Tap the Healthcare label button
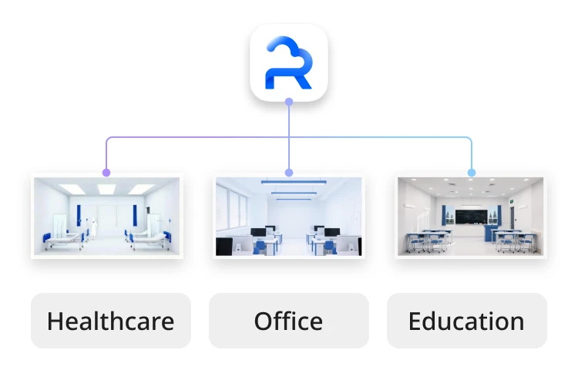(110, 321)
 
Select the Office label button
(289, 321)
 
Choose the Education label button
(466, 321)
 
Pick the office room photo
(289, 217)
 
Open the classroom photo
(472, 217)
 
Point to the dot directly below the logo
(289, 102)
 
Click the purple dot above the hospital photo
(106, 173)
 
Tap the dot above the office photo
(289, 173)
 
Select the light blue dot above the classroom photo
(472, 173)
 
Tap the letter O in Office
(264, 321)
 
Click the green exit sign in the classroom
(510, 200)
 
